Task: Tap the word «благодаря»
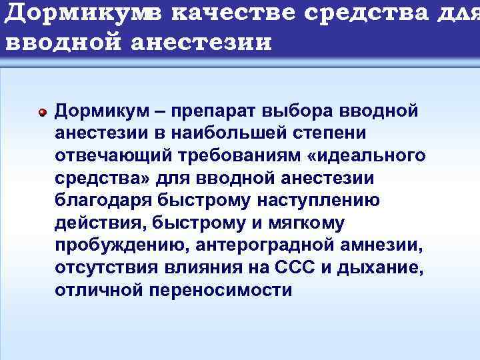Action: click(101, 201)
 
